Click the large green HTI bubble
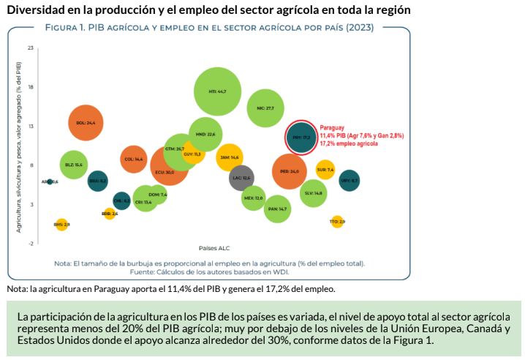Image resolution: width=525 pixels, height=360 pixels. click(218, 91)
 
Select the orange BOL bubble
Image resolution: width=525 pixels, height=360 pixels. click(86, 123)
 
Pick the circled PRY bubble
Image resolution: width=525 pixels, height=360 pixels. click(302, 136)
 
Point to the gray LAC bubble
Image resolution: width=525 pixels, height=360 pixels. click(241, 178)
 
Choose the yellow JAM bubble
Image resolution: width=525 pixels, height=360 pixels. click(230, 157)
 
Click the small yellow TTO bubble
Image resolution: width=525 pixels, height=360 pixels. click(337, 221)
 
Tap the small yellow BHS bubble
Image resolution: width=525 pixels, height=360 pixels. click(62, 224)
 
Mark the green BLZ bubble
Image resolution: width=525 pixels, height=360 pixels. click(73, 165)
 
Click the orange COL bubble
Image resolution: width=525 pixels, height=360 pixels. click(134, 159)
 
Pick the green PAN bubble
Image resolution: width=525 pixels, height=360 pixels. click(277, 209)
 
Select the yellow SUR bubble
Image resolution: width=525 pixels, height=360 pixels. click(325, 170)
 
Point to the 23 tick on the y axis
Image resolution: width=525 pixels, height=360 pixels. click(30, 48)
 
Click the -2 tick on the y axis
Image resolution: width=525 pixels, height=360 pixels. click(30, 243)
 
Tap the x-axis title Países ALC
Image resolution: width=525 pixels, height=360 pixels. click(215, 247)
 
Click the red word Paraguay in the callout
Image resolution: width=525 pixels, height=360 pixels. click(333, 127)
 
